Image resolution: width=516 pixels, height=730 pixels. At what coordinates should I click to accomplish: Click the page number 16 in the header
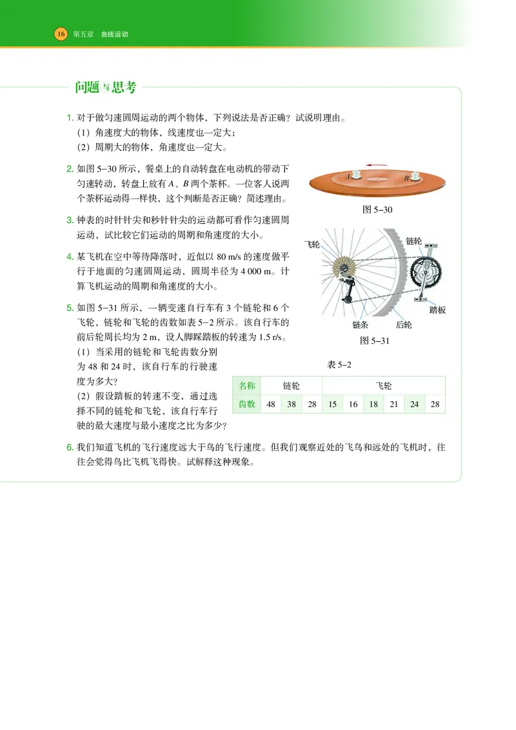(x=61, y=34)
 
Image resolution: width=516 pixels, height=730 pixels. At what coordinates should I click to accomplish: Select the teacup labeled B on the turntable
(x=415, y=175)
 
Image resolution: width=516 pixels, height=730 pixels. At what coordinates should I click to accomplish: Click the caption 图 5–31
(x=377, y=340)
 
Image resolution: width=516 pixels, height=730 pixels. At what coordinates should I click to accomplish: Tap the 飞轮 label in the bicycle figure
(x=312, y=244)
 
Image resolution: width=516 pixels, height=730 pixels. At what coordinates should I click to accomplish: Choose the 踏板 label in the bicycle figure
(x=437, y=310)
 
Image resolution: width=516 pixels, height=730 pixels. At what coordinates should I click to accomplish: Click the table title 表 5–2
(x=339, y=365)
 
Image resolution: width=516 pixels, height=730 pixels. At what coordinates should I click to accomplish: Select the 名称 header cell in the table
(x=248, y=386)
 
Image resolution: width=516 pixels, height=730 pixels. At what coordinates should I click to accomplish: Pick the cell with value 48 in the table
(x=272, y=404)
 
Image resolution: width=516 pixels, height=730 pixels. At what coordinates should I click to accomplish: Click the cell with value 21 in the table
(x=393, y=404)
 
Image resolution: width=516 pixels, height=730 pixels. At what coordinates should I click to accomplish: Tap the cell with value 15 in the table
(x=332, y=404)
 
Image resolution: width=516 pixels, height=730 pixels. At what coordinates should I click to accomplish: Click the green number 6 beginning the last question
(x=70, y=447)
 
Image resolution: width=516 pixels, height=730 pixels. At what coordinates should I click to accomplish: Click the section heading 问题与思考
(x=105, y=88)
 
